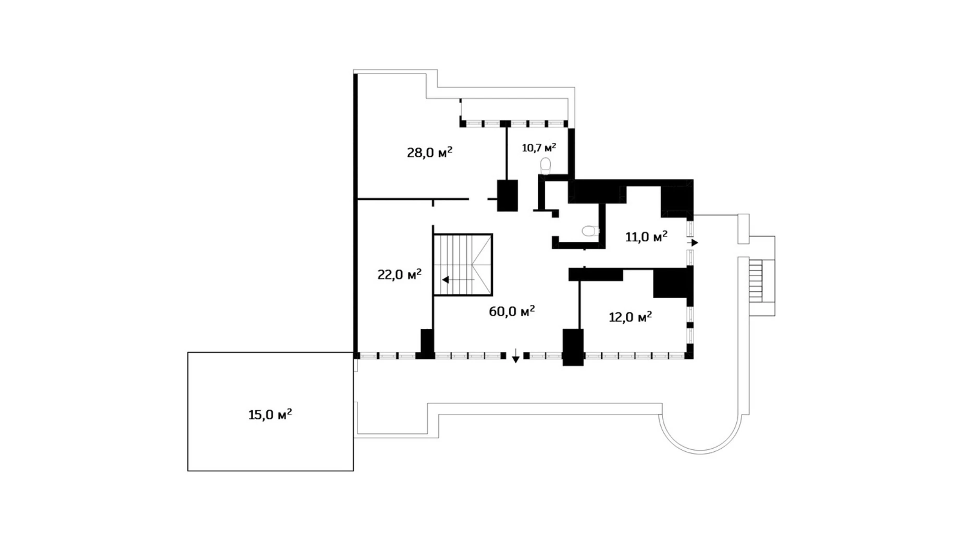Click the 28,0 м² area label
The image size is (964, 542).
(429, 153)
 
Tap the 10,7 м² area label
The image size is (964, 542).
(539, 148)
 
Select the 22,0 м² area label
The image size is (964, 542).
(399, 275)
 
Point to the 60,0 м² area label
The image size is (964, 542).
(512, 312)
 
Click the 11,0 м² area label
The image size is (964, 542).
(646, 237)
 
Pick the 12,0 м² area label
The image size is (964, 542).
(631, 317)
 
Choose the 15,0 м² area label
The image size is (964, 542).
(270, 415)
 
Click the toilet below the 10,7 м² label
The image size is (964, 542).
(546, 166)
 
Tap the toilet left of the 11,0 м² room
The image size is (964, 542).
(590, 230)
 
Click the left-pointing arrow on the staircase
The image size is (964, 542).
(447, 280)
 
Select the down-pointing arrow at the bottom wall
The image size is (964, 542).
(515, 358)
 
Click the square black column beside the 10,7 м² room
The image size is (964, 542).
(507, 195)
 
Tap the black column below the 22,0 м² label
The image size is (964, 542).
(427, 342)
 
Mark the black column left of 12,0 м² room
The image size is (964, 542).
(573, 347)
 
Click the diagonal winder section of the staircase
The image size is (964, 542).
(480, 265)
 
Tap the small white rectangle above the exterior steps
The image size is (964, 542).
(744, 228)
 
